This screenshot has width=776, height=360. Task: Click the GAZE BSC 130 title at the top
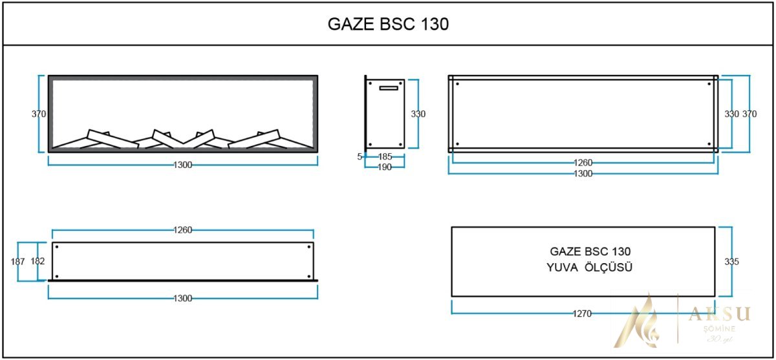[388, 25]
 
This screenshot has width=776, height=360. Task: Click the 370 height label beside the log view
[39, 114]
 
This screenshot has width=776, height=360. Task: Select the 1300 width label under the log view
[183, 165]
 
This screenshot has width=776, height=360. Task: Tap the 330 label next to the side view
[418, 114]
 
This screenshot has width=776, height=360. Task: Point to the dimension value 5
[360, 156]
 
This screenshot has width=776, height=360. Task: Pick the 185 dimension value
[385, 156]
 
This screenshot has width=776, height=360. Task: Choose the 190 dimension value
[385, 166]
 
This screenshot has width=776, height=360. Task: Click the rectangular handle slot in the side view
[391, 88]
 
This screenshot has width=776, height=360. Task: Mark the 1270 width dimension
[582, 313]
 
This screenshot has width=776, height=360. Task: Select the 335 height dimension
[731, 262]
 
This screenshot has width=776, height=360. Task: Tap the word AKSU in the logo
[719, 314]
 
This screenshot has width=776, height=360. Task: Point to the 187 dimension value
[18, 262]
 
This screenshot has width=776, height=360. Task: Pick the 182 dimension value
[38, 262]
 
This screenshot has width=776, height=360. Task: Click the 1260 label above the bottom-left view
[183, 229]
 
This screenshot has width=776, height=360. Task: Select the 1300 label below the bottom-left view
[183, 298]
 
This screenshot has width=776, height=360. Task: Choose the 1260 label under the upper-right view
[583, 163]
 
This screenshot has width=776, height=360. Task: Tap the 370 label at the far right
[749, 114]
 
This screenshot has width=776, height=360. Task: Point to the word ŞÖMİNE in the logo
[717, 330]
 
